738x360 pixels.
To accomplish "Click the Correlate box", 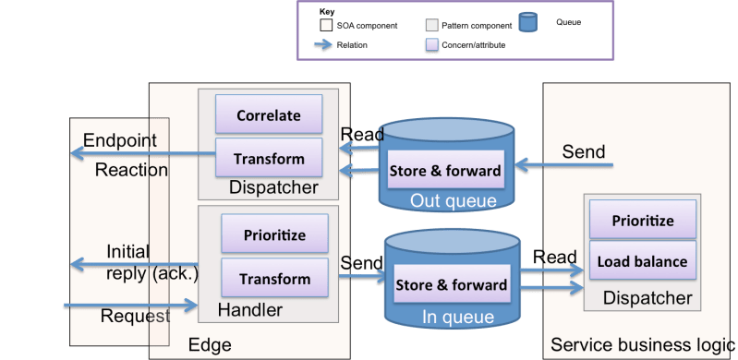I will [x=269, y=115].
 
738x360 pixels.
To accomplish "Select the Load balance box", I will [x=642, y=261].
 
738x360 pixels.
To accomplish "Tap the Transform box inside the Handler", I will [x=274, y=278].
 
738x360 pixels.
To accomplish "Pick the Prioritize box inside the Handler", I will [x=274, y=235].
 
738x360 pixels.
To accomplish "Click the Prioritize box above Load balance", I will [x=642, y=222].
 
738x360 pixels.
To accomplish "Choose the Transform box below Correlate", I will [x=269, y=158].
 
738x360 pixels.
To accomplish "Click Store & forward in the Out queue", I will [x=445, y=170].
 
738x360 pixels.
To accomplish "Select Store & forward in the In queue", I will [x=452, y=285].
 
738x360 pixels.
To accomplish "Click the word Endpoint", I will [x=119, y=140].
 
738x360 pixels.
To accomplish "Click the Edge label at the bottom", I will [x=209, y=345].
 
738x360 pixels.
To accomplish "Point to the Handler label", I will [x=249, y=309].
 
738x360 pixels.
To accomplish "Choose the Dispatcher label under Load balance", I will [x=647, y=298].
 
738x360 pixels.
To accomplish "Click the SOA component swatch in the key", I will [x=325, y=25].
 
